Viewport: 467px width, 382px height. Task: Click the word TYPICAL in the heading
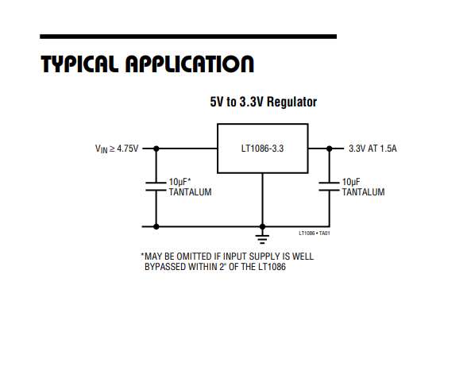click(x=79, y=64)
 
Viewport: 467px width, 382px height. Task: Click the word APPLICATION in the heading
click(x=190, y=64)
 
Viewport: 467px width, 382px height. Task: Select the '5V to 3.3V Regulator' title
click(x=264, y=102)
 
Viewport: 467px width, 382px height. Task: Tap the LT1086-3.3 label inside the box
click(x=262, y=149)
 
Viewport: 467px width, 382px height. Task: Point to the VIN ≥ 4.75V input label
click(x=117, y=149)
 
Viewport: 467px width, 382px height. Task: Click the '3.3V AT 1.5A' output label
click(x=372, y=149)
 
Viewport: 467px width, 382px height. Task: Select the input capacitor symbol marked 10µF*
click(x=156, y=186)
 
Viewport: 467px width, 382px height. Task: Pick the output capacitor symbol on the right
click(x=329, y=186)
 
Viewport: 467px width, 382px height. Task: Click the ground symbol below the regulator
click(x=262, y=239)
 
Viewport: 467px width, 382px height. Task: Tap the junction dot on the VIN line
click(x=156, y=149)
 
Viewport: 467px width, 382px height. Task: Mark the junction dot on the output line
click(x=329, y=149)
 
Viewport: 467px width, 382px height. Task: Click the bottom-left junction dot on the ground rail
click(x=156, y=226)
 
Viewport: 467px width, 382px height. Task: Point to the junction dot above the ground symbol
click(x=262, y=226)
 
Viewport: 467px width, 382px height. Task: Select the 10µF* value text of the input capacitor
click(x=179, y=182)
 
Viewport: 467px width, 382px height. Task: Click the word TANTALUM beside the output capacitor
click(x=363, y=192)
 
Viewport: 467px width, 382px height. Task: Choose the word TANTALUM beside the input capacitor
click(x=191, y=192)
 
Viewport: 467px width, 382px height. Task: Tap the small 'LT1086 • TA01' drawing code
click(x=315, y=233)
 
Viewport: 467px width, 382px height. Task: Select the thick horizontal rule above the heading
click(x=188, y=37)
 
